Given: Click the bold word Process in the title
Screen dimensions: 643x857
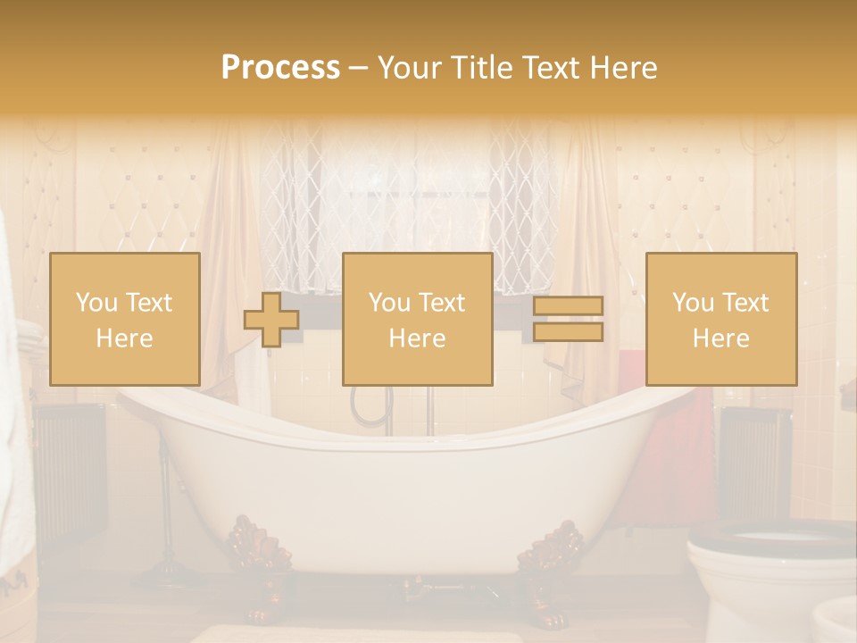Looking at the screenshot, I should pos(280,68).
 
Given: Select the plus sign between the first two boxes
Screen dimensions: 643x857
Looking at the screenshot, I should pos(271,320).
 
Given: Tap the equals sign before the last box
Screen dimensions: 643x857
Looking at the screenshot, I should pos(568,319).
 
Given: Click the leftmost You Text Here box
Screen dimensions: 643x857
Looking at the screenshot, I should pos(124,319).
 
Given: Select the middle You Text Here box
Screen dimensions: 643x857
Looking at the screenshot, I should pos(417,319).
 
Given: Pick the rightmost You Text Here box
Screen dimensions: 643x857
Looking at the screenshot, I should pos(720,319).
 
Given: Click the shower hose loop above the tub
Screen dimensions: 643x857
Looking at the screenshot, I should pos(361,406).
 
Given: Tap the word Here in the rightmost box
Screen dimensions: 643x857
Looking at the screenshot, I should pos(720,338).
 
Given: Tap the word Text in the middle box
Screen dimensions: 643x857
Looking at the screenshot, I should pos(441,303).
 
